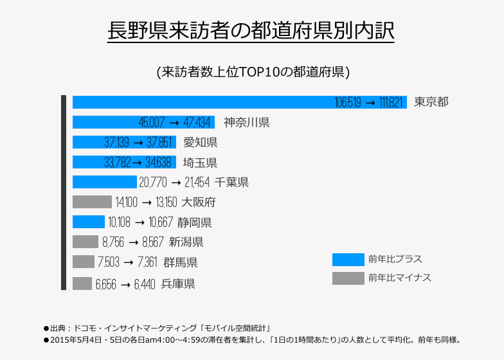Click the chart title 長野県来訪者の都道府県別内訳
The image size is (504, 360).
tap(251, 31)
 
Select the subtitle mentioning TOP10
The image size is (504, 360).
tap(253, 71)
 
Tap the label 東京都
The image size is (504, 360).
tap(431, 102)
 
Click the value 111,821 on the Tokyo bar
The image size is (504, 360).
tap(388, 103)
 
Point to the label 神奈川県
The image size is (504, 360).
tap(246, 122)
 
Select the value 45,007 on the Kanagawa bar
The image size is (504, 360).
tap(151, 123)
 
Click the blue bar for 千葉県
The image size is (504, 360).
tap(104, 182)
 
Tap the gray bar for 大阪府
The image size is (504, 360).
tap(92, 202)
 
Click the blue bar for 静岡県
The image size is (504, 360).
tap(88, 222)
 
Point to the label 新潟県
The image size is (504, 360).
tap(186, 242)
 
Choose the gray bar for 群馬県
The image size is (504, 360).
tap(83, 262)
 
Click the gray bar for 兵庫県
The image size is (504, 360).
tap(82, 283)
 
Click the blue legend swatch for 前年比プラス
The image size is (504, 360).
tap(348, 260)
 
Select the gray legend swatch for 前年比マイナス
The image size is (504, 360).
tap(348, 278)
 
